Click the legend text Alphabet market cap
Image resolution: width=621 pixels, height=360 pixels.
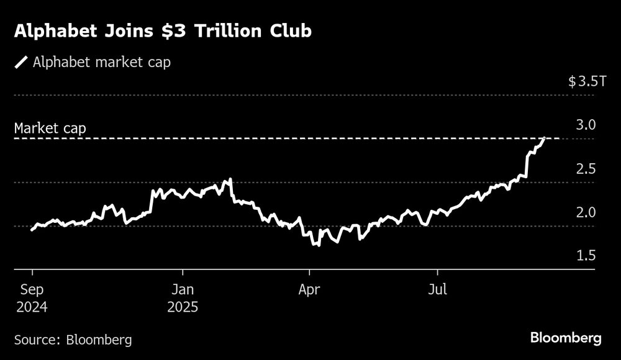point(102,62)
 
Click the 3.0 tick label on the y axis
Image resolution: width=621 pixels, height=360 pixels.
point(586,125)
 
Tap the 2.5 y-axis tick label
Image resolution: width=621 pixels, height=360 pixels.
point(586,169)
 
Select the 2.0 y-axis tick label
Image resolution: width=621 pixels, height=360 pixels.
point(586,212)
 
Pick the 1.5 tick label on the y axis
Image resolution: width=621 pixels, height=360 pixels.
point(586,256)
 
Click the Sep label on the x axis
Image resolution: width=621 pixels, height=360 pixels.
point(32,289)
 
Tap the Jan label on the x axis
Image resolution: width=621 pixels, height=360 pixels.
point(183,289)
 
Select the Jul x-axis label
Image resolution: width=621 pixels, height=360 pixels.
point(438,289)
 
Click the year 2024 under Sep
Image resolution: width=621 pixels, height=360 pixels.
point(32,307)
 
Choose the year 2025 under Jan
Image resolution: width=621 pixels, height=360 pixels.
point(183,307)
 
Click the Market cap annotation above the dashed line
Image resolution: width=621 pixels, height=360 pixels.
point(50,129)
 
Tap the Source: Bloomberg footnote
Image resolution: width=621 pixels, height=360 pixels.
point(73,340)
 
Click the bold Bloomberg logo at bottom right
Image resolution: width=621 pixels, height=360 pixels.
point(566,338)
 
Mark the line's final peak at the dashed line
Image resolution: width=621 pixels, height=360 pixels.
point(545,138)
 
